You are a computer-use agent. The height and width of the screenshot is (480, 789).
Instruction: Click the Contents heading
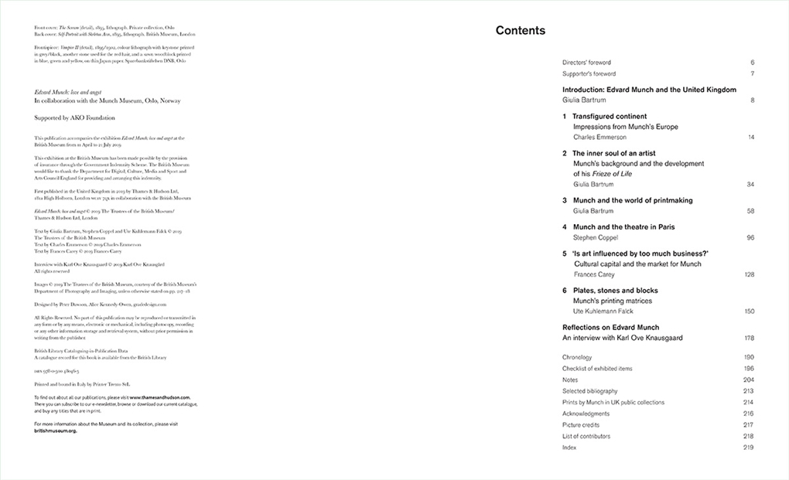tap(520, 31)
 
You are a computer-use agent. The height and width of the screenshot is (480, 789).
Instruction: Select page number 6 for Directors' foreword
tap(752, 63)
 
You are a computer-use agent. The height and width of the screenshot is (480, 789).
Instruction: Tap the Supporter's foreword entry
tap(589, 74)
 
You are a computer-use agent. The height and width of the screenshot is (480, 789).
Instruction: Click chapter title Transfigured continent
tap(610, 117)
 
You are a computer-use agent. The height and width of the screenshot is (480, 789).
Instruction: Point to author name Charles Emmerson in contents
tap(600, 137)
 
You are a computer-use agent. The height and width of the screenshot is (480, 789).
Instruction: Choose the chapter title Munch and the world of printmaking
tap(632, 200)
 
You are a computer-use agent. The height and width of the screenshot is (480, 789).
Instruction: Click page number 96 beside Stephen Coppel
tap(750, 238)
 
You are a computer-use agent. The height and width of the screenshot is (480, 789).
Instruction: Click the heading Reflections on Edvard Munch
tap(610, 328)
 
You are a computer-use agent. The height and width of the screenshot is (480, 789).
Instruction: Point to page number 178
tap(749, 338)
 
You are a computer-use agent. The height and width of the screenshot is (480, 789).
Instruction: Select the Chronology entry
tap(577, 358)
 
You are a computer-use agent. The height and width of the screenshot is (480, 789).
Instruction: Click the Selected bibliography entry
tap(591, 391)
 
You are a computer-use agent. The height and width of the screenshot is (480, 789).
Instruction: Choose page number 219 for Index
tap(748, 448)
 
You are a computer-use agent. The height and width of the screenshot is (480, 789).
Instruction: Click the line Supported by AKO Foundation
tap(74, 118)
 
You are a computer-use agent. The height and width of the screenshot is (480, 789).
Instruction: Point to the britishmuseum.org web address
tap(56, 431)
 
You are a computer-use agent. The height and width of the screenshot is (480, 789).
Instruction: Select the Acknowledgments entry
tap(586, 414)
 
